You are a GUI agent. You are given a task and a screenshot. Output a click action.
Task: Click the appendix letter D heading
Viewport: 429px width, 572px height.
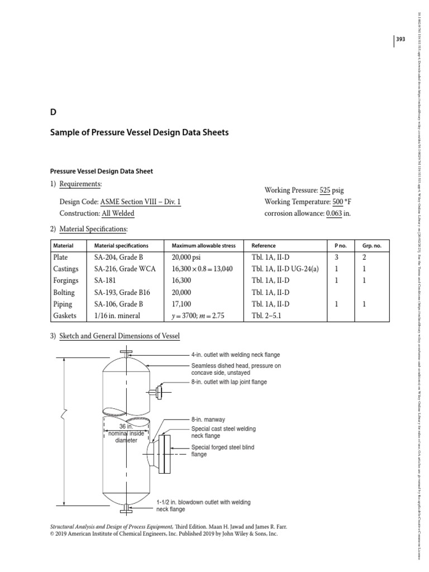pos(54,112)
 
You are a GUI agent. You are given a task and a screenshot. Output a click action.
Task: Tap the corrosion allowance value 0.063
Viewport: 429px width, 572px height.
pos(334,213)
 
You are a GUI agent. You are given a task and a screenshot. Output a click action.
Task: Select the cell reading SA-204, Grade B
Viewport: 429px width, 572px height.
pos(119,258)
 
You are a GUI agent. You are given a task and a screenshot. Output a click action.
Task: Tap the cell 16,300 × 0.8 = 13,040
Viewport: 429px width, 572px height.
pos(202,269)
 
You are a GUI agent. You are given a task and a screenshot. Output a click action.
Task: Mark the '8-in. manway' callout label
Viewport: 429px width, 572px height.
pos(208,419)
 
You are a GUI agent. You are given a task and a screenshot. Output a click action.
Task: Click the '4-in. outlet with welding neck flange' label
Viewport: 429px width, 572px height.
pos(235,355)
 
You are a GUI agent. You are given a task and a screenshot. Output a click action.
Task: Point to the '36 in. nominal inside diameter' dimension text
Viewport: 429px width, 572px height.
pos(126,433)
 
